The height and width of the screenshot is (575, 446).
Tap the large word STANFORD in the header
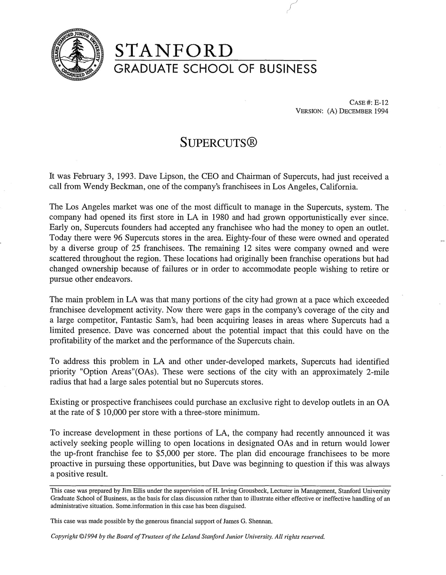tap(173, 51)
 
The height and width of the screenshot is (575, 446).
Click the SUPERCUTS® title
tap(219, 143)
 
